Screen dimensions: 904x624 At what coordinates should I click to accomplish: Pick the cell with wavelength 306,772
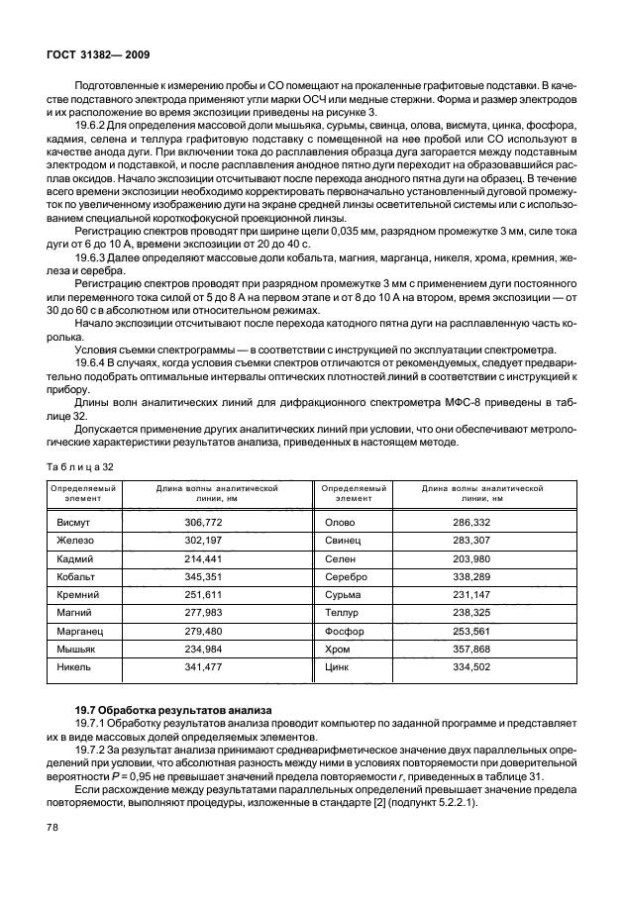(x=204, y=520)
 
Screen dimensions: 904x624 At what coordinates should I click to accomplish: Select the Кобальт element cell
(x=79, y=576)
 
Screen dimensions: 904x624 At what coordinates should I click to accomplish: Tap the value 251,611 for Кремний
(x=204, y=595)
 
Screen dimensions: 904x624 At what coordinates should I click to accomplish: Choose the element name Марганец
(x=82, y=632)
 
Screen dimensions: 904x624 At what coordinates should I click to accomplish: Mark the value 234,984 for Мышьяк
(x=204, y=651)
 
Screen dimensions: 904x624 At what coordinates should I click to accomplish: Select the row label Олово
(x=341, y=520)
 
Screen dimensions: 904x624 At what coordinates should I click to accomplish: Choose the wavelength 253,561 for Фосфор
(x=472, y=632)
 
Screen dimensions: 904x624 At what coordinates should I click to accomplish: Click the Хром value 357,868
(x=472, y=651)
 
